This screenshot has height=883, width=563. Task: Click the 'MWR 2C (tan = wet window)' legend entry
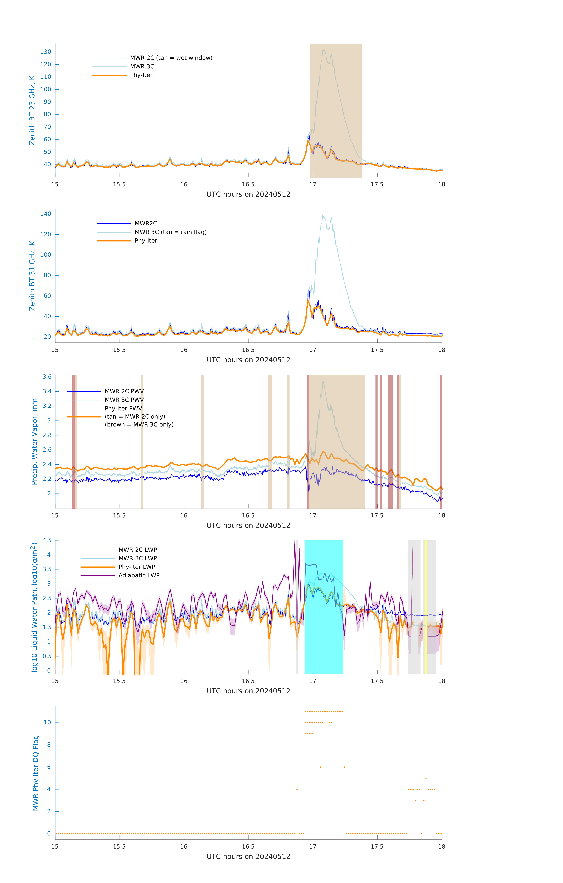coord(171,58)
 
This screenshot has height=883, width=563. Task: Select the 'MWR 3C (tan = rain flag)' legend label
coord(171,232)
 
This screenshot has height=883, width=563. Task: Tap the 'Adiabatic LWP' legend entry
coord(139,575)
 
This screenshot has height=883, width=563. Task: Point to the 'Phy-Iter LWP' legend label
coord(137,567)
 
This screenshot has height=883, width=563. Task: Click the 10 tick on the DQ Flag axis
coord(47,722)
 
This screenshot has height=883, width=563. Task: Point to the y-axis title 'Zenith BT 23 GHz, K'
coord(32,110)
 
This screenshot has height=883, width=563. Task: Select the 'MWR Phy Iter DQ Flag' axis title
coord(36,773)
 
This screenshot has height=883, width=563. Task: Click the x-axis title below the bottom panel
coord(248,857)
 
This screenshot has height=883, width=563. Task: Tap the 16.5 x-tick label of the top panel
coord(248,184)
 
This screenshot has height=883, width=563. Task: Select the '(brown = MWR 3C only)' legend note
coord(139,425)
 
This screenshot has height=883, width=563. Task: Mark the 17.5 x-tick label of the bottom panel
coord(377,847)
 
